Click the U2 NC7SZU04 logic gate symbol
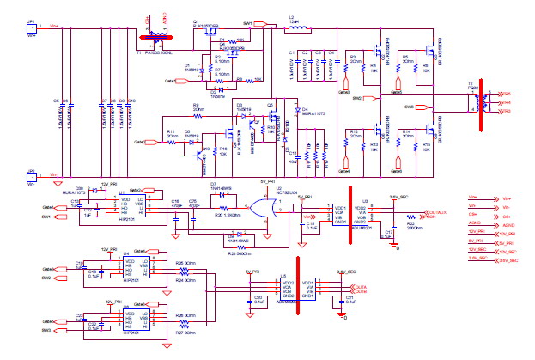click(x=255, y=208)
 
